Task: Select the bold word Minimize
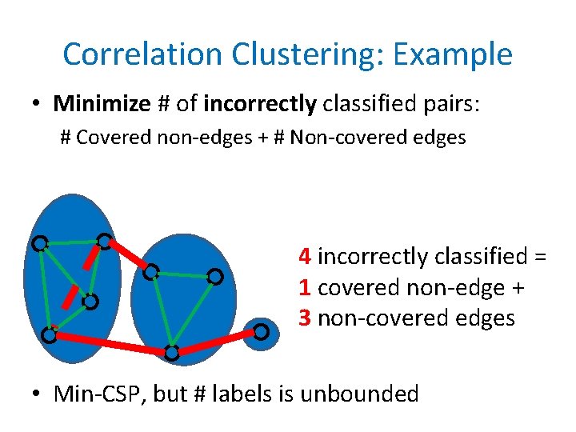101,103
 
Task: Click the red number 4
305,257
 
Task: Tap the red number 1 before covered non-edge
304,287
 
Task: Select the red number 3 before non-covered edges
305,318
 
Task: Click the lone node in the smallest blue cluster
261,331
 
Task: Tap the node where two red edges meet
171,352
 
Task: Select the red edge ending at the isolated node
216,342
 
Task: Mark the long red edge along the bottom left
110,344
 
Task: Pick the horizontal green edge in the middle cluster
182,274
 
